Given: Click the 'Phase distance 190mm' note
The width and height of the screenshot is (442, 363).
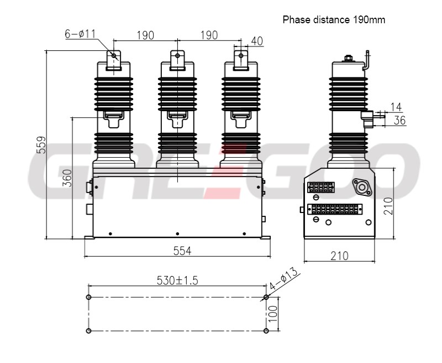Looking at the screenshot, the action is point(334,20).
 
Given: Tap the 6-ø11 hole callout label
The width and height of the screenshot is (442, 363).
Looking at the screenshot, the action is point(80,34).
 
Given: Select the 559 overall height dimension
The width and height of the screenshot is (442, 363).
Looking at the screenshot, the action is point(41,145).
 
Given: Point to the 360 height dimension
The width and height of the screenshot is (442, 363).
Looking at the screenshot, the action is point(67,178).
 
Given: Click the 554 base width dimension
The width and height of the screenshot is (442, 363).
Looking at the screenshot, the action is point(182,251).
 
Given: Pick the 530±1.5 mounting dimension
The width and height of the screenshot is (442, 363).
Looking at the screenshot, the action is point(177,281).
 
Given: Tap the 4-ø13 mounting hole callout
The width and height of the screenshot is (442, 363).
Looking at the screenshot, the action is point(283,278).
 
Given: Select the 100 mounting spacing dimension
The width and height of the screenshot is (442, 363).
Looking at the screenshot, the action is point(272,314).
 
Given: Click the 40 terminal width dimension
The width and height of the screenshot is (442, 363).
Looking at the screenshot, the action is point(257,41).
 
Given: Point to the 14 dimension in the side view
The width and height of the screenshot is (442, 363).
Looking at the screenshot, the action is point(396,107).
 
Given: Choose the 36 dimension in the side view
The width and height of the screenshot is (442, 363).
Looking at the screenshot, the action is point(399,121).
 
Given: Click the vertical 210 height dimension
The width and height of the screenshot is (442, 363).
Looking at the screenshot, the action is point(388,206).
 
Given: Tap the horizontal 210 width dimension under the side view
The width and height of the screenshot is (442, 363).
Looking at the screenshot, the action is point(339,256).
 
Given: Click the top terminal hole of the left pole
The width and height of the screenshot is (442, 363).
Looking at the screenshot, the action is point(114,55).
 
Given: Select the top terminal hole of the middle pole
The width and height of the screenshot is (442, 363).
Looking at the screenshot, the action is point(177,55).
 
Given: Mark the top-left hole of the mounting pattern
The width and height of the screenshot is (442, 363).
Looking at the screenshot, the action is point(88,297).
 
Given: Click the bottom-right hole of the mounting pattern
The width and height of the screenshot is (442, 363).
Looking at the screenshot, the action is point(266,330).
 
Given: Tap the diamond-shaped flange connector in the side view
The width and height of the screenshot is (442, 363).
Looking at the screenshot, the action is point(362,187).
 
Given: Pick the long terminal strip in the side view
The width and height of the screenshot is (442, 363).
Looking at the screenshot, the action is point(335,209).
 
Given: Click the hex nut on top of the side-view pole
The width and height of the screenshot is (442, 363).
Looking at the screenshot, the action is point(348,58).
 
